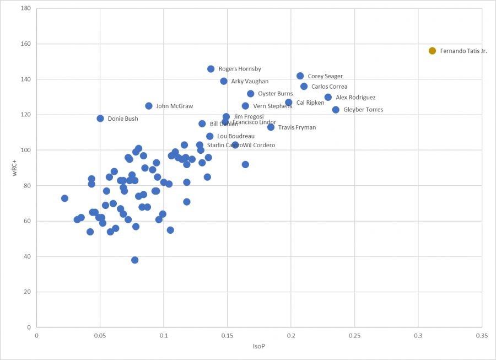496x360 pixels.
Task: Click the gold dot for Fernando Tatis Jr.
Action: pos(432,51)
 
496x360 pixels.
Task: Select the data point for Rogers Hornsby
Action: pos(211,69)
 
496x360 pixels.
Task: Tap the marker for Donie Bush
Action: pos(100,119)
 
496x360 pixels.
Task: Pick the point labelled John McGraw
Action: pos(149,106)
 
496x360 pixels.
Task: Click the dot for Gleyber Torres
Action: pos(336,110)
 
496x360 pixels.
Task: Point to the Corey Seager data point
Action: pos(300,76)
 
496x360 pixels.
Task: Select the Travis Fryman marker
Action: pos(271,127)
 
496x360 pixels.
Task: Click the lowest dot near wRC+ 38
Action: pos(134,260)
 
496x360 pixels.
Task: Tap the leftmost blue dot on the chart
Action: pos(64,198)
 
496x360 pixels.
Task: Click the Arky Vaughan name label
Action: pos(250,82)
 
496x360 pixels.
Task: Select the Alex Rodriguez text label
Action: pos(355,98)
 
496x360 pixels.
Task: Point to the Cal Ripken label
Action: pos(310,103)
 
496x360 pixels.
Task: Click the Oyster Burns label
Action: pos(276,94)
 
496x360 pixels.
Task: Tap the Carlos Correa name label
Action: pos(329,87)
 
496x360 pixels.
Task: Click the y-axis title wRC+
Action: pos(15,168)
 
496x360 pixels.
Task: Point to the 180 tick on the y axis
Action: pos(26,9)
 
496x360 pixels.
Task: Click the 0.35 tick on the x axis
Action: pos(482,335)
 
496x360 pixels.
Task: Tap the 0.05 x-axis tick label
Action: pos(100,335)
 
